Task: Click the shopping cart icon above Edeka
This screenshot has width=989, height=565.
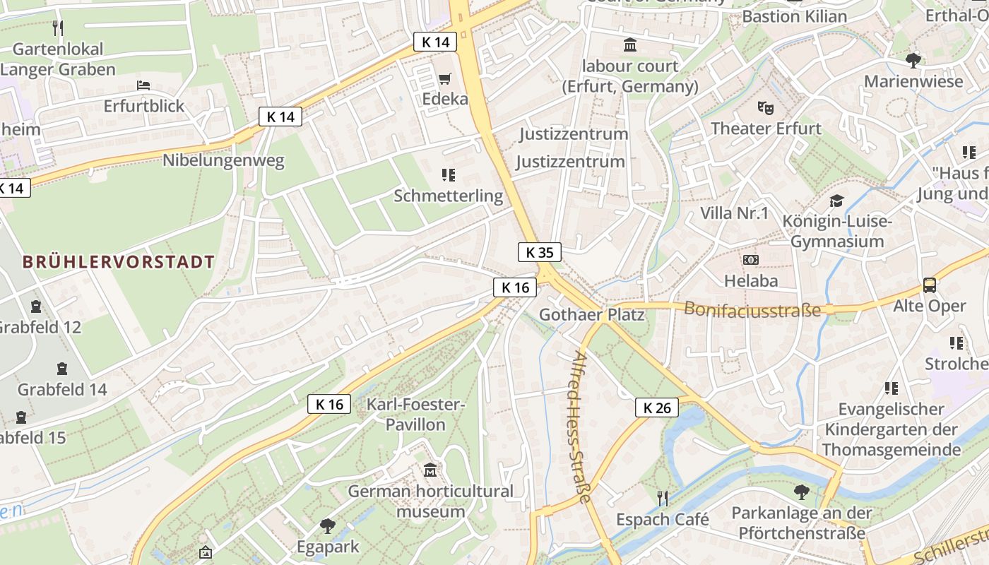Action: coord(444,78)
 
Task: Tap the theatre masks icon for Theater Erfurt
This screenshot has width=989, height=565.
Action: coord(765,108)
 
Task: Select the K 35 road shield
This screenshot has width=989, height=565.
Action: coord(540,252)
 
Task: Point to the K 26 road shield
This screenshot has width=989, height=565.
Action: coord(656,408)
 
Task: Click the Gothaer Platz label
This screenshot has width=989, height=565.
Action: coord(591,314)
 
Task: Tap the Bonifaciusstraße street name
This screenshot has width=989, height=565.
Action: coord(752,309)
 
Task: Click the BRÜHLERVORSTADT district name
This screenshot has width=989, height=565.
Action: coord(118,262)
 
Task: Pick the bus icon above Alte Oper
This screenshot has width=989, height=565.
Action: coord(929,285)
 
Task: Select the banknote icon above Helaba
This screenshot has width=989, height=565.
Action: coord(750,260)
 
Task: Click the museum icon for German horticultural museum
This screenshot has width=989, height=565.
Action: coord(430,470)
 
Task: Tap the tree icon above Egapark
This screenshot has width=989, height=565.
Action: coord(327,525)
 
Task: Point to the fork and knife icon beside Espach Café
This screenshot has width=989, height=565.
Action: coord(662,499)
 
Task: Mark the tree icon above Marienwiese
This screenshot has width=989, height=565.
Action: coord(913,60)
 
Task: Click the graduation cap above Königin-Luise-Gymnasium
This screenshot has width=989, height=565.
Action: coord(836,201)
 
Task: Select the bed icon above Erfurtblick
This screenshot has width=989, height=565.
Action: coord(143,85)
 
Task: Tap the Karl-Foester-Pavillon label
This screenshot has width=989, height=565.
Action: coord(415,415)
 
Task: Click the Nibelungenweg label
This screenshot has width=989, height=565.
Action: coord(223,160)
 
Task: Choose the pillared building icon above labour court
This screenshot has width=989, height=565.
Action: coord(629,46)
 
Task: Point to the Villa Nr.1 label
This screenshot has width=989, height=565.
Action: coord(734,213)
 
